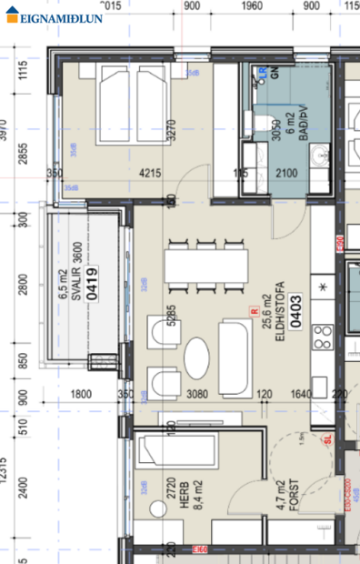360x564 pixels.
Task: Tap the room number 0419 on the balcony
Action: (x=92, y=283)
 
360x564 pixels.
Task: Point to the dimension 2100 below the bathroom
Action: (x=287, y=172)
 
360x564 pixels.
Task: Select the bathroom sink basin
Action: (x=318, y=160)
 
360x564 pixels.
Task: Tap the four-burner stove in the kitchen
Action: (x=322, y=343)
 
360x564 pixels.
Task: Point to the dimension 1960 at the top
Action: (x=253, y=6)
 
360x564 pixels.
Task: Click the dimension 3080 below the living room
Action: (x=198, y=394)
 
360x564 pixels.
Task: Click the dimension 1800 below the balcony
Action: (x=80, y=394)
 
